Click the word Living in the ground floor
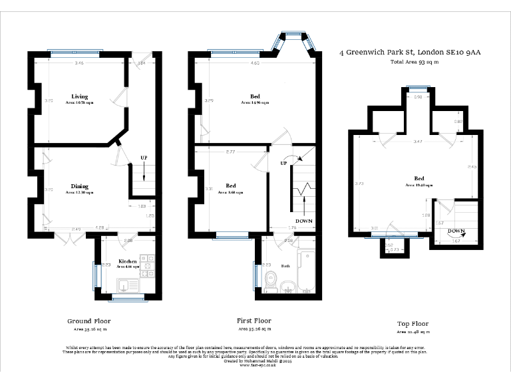click(79, 97)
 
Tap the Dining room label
click(80, 186)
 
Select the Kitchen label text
click(128, 261)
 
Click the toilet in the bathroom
click(271, 281)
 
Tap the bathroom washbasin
click(287, 287)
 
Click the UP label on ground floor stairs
click(144, 158)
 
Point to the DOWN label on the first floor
click(304, 221)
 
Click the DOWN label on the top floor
click(456, 231)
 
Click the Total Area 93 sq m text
click(415, 62)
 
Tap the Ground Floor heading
click(88, 320)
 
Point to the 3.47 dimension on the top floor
click(417, 142)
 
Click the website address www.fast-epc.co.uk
click(255, 365)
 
